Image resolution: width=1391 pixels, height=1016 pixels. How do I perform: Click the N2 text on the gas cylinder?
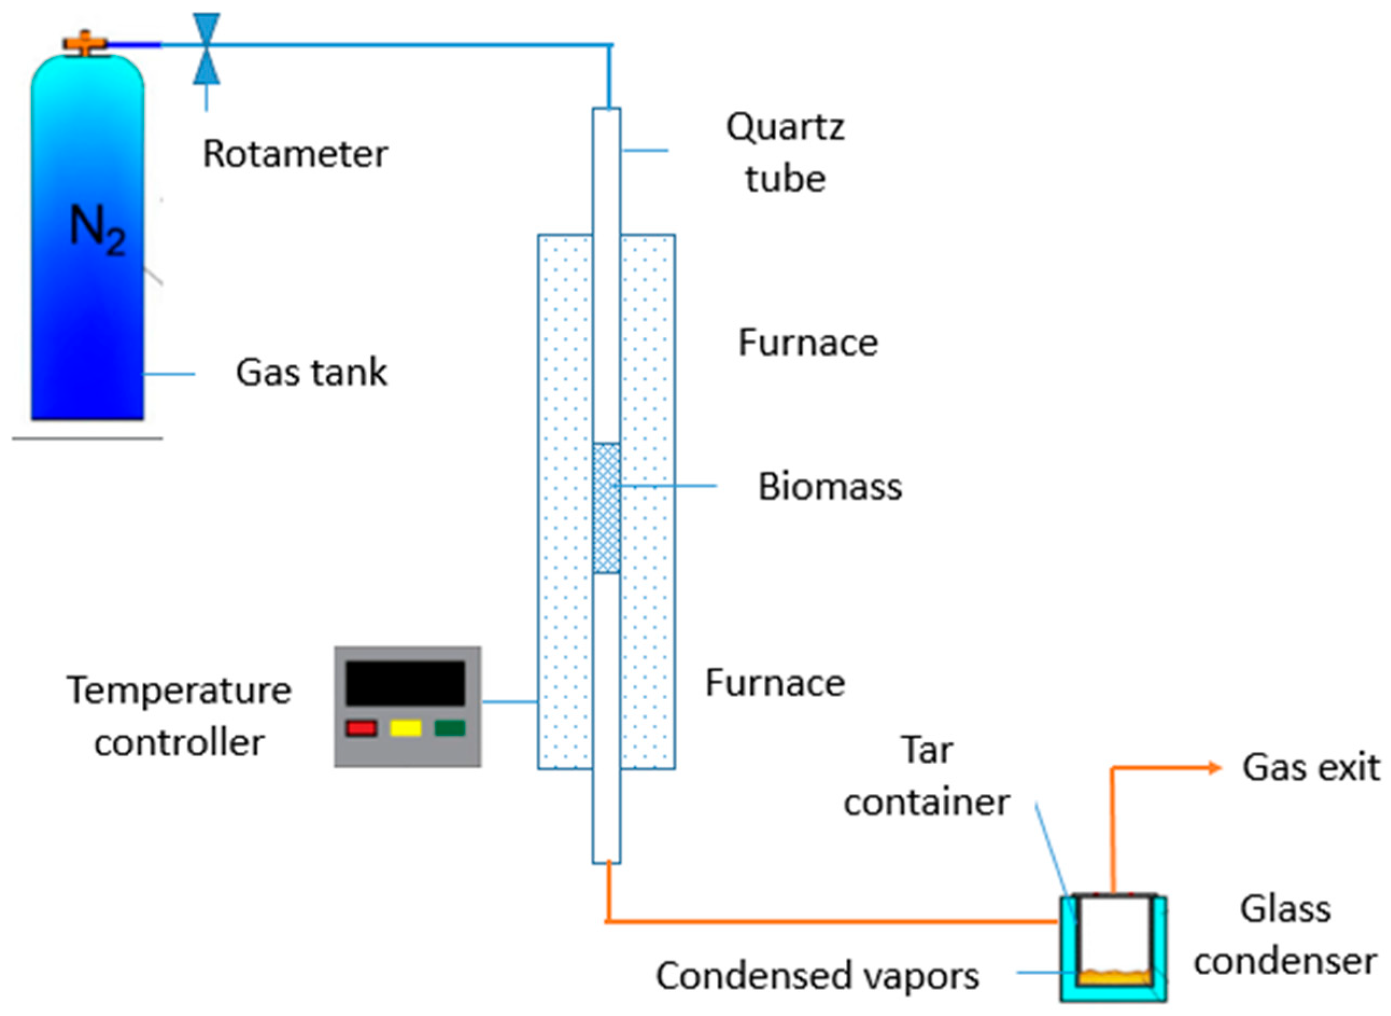(x=97, y=230)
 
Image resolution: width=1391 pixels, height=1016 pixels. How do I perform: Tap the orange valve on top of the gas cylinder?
(x=85, y=43)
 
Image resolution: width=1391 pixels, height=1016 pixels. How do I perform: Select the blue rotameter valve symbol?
(x=206, y=48)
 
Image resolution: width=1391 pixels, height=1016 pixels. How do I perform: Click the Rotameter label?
(x=295, y=153)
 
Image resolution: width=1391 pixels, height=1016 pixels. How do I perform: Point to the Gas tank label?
(x=312, y=372)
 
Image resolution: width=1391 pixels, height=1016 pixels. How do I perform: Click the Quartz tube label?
(x=786, y=153)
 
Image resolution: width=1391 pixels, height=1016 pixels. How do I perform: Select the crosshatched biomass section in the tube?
(x=606, y=508)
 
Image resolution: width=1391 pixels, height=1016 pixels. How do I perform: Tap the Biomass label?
(x=830, y=486)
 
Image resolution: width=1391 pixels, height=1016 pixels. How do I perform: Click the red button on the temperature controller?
(x=361, y=728)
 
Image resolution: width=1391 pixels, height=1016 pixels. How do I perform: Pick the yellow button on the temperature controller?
(x=405, y=728)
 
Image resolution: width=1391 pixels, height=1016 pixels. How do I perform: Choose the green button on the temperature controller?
(x=450, y=728)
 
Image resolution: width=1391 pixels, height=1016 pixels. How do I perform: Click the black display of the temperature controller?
(x=405, y=683)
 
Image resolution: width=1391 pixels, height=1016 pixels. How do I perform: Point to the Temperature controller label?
(x=179, y=716)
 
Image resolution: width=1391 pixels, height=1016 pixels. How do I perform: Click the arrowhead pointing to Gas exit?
(x=1215, y=768)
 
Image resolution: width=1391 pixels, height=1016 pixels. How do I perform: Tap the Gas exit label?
(x=1311, y=768)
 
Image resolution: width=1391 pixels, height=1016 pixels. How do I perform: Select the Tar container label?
(x=927, y=776)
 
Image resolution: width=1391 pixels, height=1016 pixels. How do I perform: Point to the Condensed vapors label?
(x=817, y=976)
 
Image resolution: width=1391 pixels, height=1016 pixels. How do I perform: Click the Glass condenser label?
(x=1285, y=935)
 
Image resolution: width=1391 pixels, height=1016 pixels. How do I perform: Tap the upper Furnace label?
(x=808, y=343)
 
